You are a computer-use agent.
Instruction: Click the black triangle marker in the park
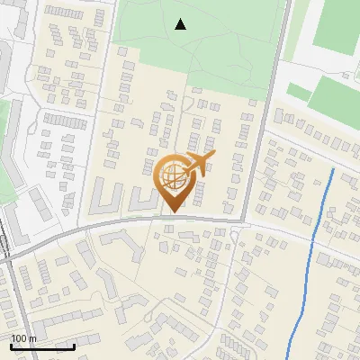[181, 24]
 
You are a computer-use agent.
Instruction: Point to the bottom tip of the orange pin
[174, 212]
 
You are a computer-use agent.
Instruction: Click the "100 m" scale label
[23, 338]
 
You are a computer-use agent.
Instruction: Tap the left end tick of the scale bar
[11, 345]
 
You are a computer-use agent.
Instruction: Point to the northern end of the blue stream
[333, 169]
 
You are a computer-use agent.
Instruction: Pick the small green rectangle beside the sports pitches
[299, 92]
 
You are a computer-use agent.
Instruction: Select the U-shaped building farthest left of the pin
[106, 195]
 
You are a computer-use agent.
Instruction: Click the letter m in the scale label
[32, 338]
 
